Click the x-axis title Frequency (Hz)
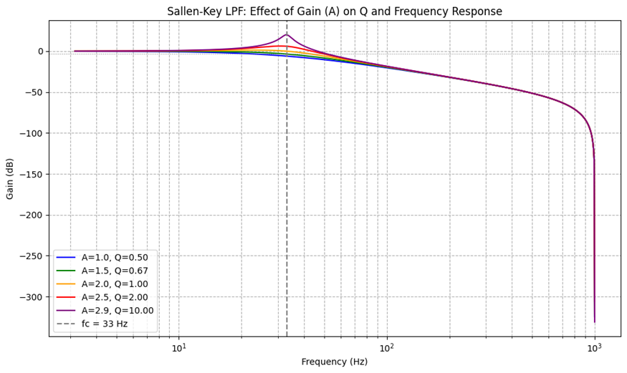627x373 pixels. (x=335, y=362)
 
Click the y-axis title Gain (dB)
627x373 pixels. (x=11, y=178)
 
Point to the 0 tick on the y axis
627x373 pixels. (x=41, y=52)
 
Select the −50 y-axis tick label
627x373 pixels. (x=34, y=92)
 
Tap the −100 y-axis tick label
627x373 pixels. (x=32, y=133)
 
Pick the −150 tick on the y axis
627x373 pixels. (x=32, y=174)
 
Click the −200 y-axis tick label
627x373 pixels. (x=32, y=215)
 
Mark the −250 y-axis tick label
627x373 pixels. (x=32, y=256)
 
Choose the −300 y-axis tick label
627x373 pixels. (x=32, y=297)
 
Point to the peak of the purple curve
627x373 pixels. (x=287, y=34)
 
